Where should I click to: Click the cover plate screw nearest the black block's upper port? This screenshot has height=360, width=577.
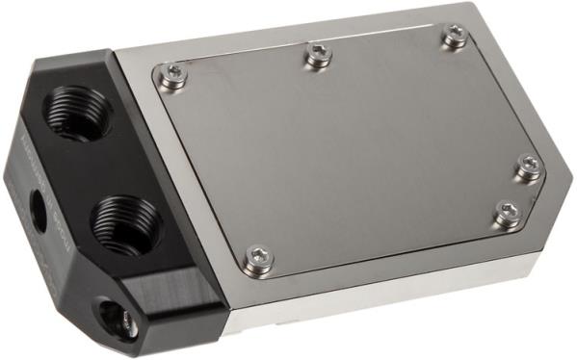tap(173, 76)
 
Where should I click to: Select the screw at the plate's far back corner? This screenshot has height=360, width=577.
tap(454, 37)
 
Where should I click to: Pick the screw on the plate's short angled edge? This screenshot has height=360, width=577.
tap(506, 213)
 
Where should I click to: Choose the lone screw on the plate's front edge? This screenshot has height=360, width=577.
tap(257, 256)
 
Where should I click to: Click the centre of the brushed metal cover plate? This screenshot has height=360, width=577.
tap(347, 154)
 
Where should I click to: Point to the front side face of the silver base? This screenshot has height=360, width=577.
tap(385, 294)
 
